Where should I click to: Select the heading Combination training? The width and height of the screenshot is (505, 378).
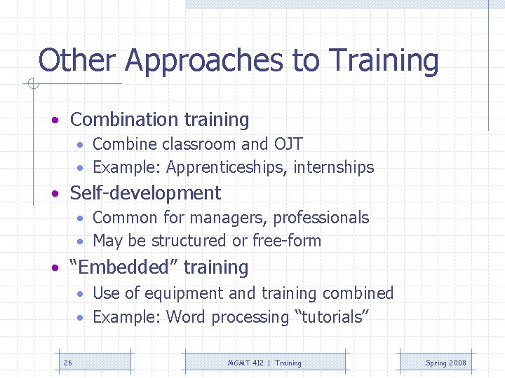coord(159,120)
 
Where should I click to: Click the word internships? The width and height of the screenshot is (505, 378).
coord(334,167)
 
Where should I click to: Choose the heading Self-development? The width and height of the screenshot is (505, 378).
coord(145,193)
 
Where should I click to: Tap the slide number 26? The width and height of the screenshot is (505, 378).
coord(68,363)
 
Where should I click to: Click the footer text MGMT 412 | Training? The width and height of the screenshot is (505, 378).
coord(264,363)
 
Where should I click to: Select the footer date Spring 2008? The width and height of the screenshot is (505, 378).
coord(445,363)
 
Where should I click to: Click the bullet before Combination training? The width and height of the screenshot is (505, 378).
coord(54,121)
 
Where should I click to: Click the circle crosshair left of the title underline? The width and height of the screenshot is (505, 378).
coord(32,85)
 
